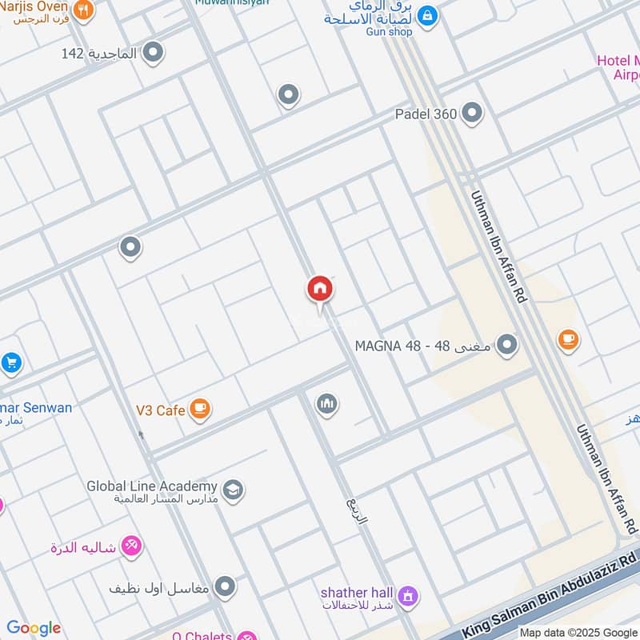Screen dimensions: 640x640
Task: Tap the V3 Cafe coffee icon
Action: (x=200, y=410)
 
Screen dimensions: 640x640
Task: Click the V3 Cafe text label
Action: (x=160, y=410)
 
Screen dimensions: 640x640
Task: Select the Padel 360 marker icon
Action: (x=472, y=114)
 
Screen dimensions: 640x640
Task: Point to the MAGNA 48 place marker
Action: (x=506, y=346)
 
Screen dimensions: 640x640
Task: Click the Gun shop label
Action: (x=390, y=31)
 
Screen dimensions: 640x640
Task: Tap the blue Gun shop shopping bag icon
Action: (x=428, y=14)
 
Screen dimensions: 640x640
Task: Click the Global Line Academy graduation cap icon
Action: (x=233, y=490)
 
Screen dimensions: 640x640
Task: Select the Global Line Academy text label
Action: (x=152, y=486)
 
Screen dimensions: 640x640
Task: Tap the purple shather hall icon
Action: (x=409, y=596)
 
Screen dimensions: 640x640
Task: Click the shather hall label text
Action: (x=357, y=593)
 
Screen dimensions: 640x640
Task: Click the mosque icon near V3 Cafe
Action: (x=326, y=405)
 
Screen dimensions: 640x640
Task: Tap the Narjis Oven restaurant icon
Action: (x=83, y=10)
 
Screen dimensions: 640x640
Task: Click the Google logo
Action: (x=34, y=628)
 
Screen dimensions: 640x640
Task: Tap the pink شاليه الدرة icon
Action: (x=130, y=547)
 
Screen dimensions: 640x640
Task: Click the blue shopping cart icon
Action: (x=10, y=363)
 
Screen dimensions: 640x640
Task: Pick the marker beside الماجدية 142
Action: (x=154, y=54)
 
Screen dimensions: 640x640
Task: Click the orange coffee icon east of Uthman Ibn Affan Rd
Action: (x=568, y=340)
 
